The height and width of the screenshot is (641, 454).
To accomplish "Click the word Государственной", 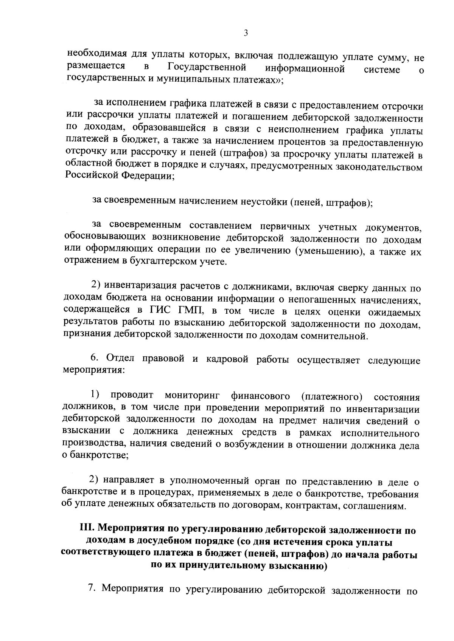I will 207,68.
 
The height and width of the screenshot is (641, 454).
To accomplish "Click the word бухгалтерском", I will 163,261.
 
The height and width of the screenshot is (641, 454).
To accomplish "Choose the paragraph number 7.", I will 91,588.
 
